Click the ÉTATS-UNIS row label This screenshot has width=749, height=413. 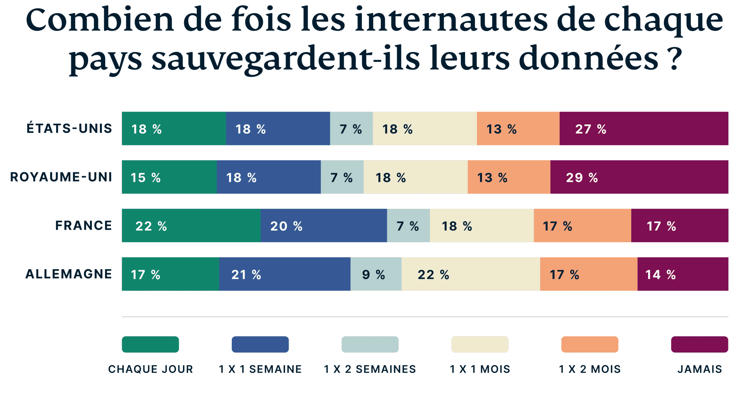tap(69, 129)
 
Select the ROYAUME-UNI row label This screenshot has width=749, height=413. tap(61, 177)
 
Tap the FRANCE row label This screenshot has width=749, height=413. tap(84, 226)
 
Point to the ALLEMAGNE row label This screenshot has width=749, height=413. tap(69, 274)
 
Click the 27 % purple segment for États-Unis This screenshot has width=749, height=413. tap(644, 129)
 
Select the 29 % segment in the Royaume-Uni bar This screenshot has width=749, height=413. tap(639, 177)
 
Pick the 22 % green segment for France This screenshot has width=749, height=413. tap(191, 226)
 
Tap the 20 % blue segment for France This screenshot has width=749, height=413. tap(324, 226)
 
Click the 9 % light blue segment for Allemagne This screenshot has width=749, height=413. tap(376, 274)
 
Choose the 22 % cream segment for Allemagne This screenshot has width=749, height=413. tap(470, 274)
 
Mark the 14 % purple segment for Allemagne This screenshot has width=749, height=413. tap(683, 274)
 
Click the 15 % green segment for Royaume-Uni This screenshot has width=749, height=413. tap(169, 177)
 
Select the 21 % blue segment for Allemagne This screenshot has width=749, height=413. tap(284, 274)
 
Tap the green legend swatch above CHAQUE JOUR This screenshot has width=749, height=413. tap(150, 344)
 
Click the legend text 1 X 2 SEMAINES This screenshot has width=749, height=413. tap(370, 369)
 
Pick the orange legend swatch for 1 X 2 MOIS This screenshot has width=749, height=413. tap(590, 344)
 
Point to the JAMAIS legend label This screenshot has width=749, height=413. tap(700, 369)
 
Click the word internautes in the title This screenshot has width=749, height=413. tap(451, 20)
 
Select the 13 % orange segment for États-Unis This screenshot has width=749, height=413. tap(518, 129)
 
